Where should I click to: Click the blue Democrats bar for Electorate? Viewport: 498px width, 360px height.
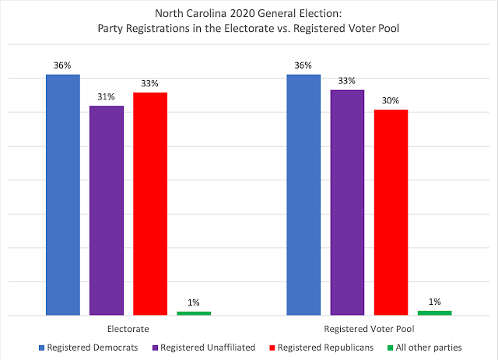62,194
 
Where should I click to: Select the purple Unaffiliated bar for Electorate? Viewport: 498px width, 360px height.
106,210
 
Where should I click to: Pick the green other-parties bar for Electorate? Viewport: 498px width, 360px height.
193,313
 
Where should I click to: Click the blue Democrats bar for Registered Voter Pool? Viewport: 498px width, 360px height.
303,194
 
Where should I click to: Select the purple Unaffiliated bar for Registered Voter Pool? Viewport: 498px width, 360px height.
347,202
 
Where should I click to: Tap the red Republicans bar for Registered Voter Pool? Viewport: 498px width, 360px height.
391,212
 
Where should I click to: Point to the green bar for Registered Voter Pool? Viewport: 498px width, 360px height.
434,313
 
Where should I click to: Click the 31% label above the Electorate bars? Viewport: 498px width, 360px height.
106,97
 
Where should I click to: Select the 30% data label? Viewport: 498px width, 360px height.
391,101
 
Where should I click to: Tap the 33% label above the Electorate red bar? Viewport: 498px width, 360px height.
149,84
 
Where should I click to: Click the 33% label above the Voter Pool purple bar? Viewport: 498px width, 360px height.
347,81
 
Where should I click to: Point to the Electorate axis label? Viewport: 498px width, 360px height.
128,329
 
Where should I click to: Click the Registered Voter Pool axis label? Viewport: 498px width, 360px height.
369,329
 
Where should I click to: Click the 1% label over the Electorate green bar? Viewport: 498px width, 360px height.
193,302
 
